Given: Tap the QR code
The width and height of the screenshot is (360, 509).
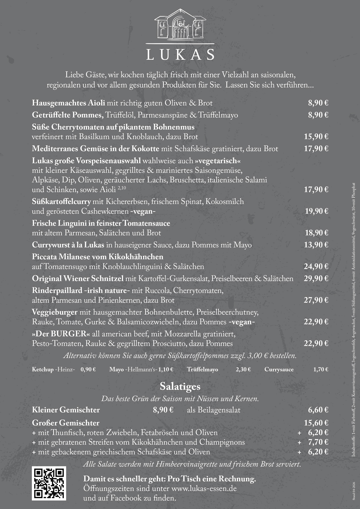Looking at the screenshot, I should click(49, 484).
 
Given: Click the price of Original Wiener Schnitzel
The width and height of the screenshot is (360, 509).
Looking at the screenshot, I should click(316, 279).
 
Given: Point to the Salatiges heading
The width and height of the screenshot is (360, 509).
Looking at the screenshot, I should click(180, 387).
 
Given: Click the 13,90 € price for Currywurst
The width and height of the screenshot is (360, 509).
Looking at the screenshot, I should click(316, 245).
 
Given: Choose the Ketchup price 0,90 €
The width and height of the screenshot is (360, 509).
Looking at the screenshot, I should click(88, 370).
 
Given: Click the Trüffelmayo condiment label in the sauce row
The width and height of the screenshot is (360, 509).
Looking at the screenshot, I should click(202, 370).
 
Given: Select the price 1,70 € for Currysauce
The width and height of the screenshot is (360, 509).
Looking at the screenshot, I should click(320, 370).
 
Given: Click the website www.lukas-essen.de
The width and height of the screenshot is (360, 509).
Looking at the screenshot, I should click(204, 489).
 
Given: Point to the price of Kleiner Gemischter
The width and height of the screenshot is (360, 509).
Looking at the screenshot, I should click(163, 410).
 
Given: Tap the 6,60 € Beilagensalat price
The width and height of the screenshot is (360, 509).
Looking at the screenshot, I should click(318, 410).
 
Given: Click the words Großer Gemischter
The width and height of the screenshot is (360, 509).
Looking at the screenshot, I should click(66, 423).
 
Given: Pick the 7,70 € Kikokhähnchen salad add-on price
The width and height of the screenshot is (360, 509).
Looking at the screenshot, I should click(318, 442).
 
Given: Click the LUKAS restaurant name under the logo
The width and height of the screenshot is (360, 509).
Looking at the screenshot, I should click(180, 55).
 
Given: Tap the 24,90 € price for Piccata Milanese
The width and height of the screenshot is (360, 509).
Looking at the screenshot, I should click(316, 267).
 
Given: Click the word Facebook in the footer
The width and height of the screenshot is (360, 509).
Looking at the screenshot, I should click(126, 498).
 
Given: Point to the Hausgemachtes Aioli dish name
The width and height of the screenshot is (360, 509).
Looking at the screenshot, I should click(68, 103).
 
